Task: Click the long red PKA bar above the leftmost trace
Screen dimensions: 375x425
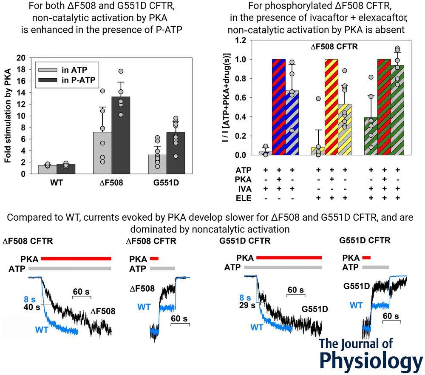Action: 76,259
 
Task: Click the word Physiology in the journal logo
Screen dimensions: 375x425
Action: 371,360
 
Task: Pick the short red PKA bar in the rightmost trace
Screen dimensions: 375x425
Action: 366,258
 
